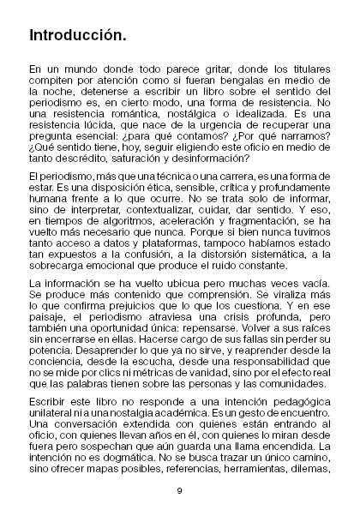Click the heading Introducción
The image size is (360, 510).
[x=78, y=37]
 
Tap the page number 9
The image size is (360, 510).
[x=180, y=489]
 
